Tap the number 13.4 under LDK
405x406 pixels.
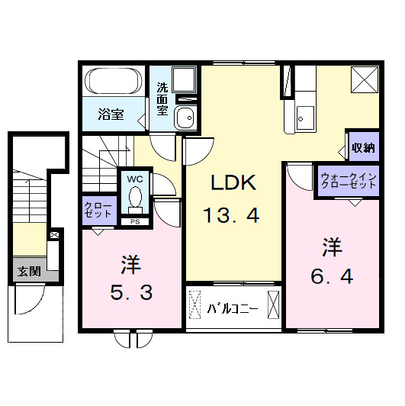[232, 216]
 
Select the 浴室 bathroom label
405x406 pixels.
[111, 115]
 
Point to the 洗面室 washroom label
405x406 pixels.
[162, 97]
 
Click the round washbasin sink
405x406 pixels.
[185, 118]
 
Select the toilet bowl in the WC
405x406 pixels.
[136, 198]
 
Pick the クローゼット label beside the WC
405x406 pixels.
[98, 211]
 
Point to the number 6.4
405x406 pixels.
[331, 277]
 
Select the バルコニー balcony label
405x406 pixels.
[233, 309]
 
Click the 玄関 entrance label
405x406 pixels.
[30, 270]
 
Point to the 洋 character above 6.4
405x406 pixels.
[330, 246]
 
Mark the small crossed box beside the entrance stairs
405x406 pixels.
[54, 237]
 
